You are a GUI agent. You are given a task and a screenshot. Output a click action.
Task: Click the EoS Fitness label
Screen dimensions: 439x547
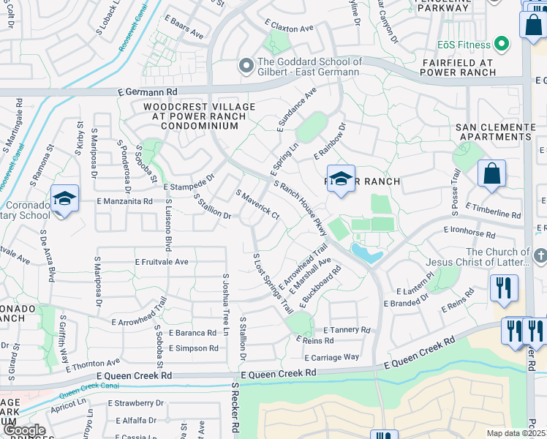click(x=464, y=45)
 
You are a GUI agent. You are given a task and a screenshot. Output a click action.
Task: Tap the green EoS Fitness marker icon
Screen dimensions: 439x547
click(x=501, y=45)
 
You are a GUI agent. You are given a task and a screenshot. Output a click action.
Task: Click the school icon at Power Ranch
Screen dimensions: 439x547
click(x=341, y=179)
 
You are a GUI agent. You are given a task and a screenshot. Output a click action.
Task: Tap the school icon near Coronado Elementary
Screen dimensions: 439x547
click(x=64, y=198)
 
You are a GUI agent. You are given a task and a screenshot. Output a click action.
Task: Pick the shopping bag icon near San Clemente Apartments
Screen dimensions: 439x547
click(x=492, y=174)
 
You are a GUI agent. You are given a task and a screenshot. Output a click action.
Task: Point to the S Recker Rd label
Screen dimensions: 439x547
click(x=236, y=409)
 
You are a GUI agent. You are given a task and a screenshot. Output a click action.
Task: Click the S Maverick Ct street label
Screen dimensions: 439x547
click(x=257, y=204)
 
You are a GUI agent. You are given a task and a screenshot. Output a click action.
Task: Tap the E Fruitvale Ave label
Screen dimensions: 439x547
click(x=162, y=261)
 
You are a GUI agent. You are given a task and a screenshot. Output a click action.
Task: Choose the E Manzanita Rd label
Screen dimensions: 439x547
click(x=124, y=200)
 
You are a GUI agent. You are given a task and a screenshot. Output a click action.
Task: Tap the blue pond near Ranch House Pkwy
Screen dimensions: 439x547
click(x=366, y=254)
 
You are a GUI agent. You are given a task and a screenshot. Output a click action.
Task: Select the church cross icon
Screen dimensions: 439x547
click(x=540, y=255)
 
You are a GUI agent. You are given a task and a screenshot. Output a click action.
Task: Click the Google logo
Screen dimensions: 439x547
click(x=23, y=430)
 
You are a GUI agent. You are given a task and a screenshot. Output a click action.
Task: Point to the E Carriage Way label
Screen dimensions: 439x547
click(x=332, y=357)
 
